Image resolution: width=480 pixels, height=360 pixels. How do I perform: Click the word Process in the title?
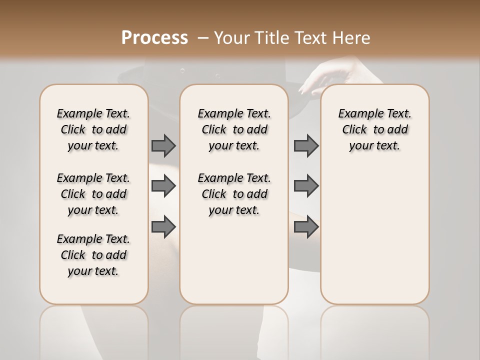[154, 37]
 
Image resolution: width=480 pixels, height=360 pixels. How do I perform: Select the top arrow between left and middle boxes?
[163, 145]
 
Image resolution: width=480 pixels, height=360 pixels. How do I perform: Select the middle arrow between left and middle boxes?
[163, 186]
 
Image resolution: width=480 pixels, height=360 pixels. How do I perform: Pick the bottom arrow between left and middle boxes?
[163, 227]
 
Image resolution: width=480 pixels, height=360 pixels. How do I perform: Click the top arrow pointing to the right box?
[306, 145]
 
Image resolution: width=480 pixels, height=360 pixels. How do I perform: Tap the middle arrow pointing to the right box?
[306, 186]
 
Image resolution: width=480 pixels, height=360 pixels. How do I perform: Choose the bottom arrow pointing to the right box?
[306, 227]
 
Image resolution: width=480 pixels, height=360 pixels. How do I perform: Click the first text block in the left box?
[93, 129]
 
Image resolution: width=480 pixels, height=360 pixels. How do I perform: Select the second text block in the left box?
[93, 194]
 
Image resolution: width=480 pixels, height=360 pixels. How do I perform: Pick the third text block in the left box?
[93, 255]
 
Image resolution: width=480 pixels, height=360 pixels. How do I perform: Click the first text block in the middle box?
[234, 129]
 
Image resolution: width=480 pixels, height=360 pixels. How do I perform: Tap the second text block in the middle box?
[234, 194]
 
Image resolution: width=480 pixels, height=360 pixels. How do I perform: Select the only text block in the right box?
[374, 129]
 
